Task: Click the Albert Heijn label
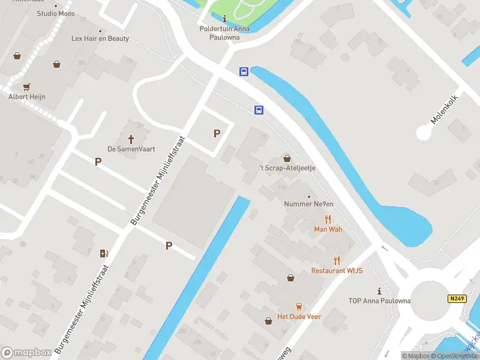[26, 97]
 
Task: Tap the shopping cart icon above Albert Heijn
[26, 86]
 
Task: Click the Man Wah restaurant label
[328, 229]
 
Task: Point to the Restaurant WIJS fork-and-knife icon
[337, 260]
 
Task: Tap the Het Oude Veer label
[298, 317]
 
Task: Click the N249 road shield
[457, 298]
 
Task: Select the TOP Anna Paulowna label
[379, 301]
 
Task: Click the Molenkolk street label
[445, 109]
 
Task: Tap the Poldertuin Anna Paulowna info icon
[224, 19]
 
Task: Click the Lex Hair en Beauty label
[100, 38]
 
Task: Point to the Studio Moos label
[56, 13]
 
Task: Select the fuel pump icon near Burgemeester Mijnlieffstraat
[104, 253]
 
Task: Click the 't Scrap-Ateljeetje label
[287, 168]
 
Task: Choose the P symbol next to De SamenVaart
[98, 161]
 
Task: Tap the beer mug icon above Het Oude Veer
[298, 307]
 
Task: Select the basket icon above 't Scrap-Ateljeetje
[287, 158]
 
